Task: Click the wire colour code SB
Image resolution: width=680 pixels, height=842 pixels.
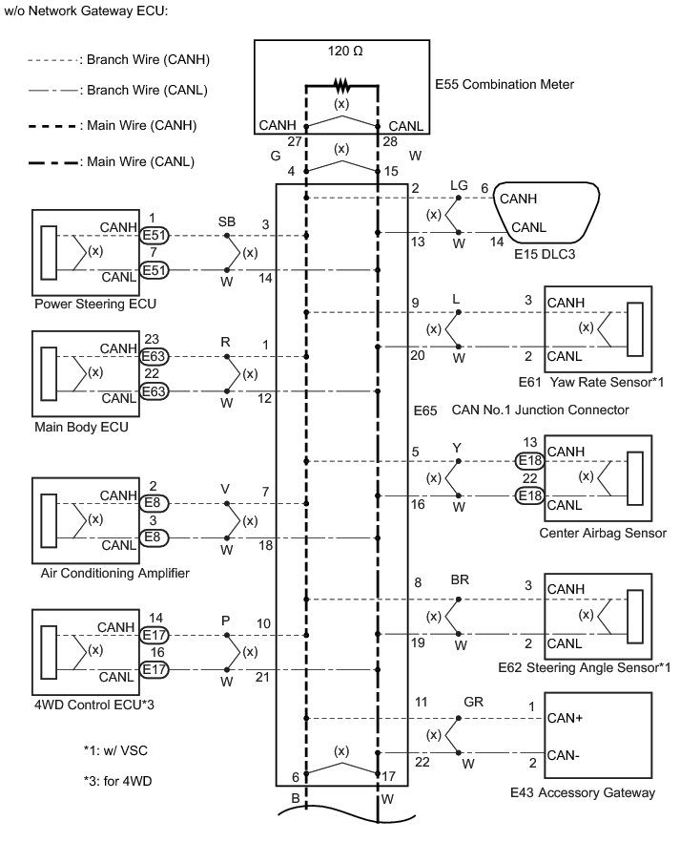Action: click(227, 221)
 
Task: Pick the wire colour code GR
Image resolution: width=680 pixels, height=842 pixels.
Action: click(472, 702)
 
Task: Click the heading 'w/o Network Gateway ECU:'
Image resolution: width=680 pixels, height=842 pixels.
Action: click(84, 12)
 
